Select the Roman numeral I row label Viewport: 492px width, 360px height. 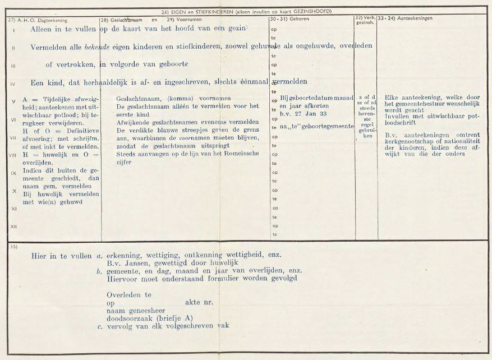(13, 29)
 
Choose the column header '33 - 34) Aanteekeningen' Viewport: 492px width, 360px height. (402, 19)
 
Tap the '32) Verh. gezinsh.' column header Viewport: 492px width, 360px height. (366, 20)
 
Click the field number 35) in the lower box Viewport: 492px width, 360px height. (13, 246)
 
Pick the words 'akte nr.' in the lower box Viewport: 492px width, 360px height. (199, 302)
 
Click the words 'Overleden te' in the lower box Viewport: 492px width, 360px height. (129, 294)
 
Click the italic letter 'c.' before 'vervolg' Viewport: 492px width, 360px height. (99, 325)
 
